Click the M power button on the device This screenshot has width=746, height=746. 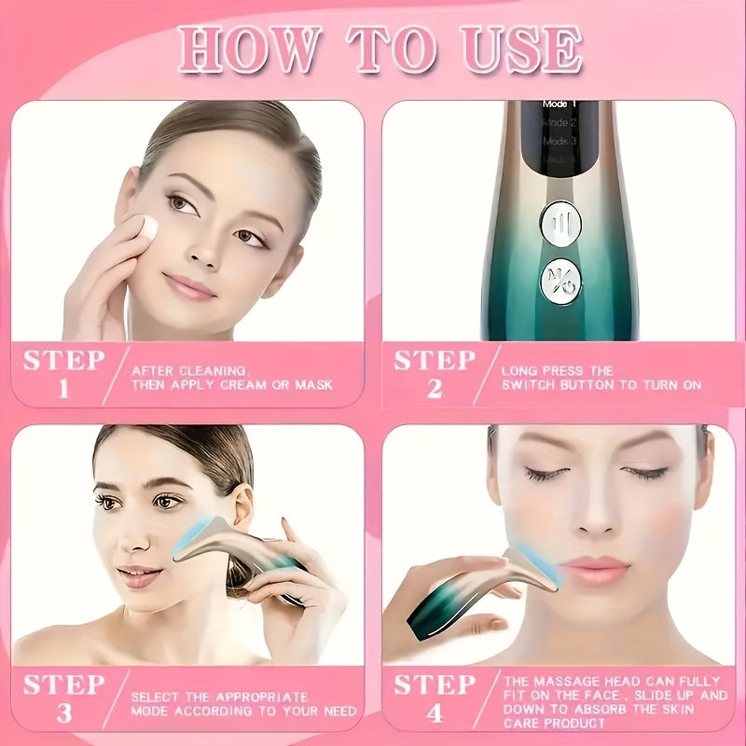point(559,283)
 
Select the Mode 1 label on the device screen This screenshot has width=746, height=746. point(559,106)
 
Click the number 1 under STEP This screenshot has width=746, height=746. point(63,387)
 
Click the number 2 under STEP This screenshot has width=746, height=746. point(434,387)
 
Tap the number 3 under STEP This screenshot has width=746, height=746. point(63,713)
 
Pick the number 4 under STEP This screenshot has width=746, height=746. point(434,713)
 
